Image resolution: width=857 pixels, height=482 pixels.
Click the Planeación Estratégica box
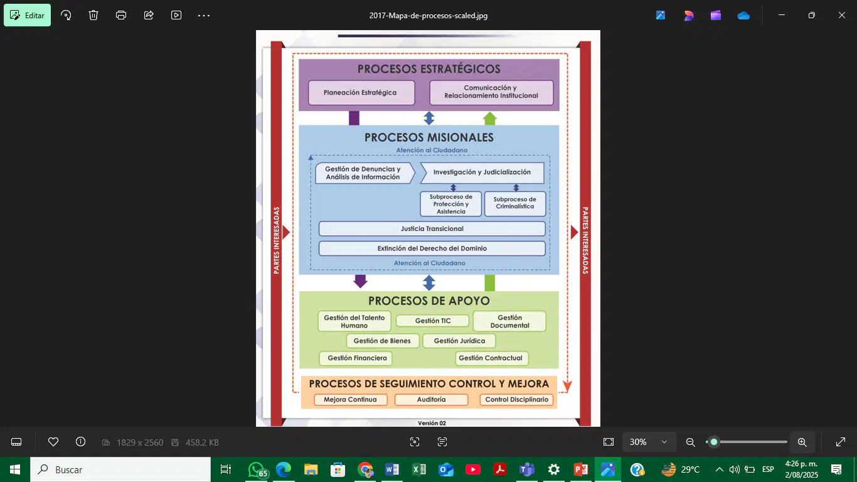(x=361, y=93)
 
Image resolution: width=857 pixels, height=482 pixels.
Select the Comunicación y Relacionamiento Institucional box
(x=491, y=92)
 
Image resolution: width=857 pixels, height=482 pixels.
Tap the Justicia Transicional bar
(x=432, y=228)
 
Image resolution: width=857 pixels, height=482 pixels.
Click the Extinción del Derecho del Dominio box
(x=432, y=249)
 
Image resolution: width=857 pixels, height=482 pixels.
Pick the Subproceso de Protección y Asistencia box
(x=450, y=204)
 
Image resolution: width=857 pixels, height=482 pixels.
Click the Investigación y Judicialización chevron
(x=482, y=173)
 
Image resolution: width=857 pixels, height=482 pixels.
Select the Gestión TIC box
(x=432, y=321)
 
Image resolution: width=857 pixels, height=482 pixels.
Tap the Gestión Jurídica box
(x=459, y=341)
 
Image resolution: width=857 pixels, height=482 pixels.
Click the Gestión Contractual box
(x=491, y=358)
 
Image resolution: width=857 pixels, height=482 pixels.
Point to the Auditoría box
(x=431, y=400)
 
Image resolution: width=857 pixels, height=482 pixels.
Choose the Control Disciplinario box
(x=516, y=400)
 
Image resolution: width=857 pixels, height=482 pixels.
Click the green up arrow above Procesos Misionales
(x=490, y=118)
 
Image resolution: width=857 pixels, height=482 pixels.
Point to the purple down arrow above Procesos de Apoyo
(x=360, y=281)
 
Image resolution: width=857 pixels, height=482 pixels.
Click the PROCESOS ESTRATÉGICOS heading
(x=429, y=69)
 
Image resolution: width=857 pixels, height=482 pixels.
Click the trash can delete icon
(x=93, y=15)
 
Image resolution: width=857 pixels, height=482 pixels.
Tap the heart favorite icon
(x=53, y=442)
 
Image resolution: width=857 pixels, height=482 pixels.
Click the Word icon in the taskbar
(x=391, y=469)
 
